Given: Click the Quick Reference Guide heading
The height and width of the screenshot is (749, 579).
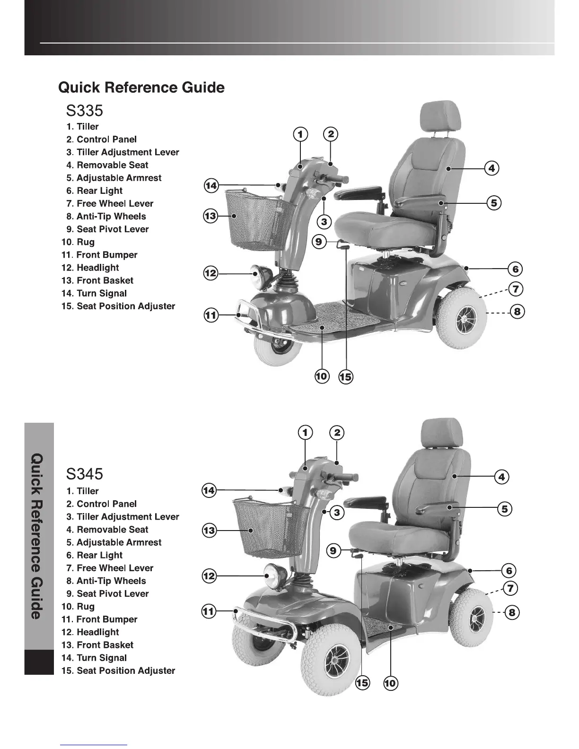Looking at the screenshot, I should [x=141, y=87].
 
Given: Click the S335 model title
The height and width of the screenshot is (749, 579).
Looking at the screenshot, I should [x=84, y=111].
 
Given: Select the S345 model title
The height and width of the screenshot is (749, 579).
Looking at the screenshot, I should [x=84, y=473].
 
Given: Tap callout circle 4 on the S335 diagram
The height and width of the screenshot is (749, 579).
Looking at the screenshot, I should [x=492, y=168].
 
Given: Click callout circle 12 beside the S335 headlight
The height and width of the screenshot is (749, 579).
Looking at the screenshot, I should [x=211, y=273].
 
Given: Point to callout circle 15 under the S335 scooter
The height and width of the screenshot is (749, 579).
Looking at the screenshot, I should [x=346, y=377].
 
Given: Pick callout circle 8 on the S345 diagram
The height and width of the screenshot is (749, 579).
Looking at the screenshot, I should [x=512, y=613].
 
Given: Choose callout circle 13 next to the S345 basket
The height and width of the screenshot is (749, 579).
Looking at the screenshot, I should [x=209, y=531].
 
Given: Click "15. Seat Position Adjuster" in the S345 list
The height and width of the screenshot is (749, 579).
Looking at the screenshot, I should [x=118, y=671].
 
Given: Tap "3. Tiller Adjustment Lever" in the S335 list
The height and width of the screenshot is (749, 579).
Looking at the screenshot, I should [x=123, y=152].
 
